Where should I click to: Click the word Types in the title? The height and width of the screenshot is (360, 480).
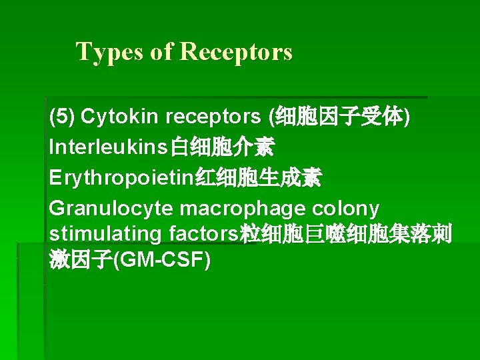point(110,51)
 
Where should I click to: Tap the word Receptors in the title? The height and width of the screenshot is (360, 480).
point(236,51)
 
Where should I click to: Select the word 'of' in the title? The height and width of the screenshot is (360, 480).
point(162,51)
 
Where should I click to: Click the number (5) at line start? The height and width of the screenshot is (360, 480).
point(62,117)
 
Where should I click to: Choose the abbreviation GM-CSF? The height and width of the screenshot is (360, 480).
point(162,260)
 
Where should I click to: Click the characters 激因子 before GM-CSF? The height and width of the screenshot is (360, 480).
point(80,260)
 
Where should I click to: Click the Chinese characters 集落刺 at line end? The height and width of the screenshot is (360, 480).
point(427,234)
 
